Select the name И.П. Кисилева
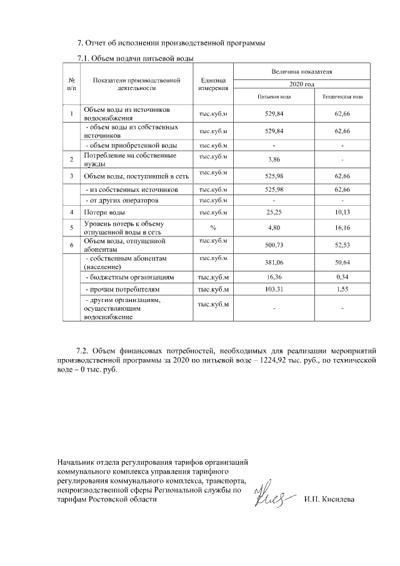click(x=329, y=500)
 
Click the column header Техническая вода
click(x=342, y=98)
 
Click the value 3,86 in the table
click(x=273, y=159)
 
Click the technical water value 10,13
click(x=342, y=213)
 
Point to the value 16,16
click(x=342, y=229)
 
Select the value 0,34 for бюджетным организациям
click(x=342, y=276)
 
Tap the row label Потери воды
click(x=103, y=213)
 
